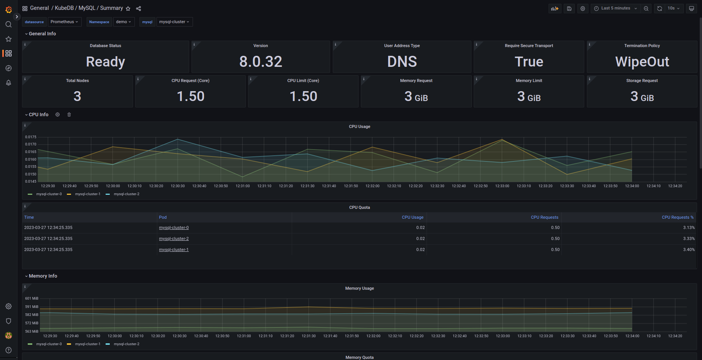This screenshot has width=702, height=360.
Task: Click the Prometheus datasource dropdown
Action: (64, 22)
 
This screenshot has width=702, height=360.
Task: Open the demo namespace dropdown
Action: (123, 22)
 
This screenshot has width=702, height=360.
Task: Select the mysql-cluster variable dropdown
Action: (174, 22)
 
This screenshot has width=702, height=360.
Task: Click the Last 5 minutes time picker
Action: (615, 8)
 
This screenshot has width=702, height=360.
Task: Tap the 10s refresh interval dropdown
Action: (674, 8)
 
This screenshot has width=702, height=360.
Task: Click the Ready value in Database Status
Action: (105, 62)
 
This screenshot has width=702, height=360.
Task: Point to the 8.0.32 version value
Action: (261, 62)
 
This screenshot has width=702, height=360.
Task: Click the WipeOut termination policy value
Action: (642, 62)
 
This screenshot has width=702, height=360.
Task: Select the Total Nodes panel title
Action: (77, 81)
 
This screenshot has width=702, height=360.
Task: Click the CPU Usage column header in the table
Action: (412, 217)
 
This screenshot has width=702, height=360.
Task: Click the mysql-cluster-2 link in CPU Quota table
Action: (174, 238)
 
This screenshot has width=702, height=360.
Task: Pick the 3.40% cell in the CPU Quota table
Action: (688, 249)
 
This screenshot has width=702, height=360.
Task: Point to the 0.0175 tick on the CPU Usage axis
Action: (31, 137)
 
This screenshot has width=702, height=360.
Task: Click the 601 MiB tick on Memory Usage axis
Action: (32, 298)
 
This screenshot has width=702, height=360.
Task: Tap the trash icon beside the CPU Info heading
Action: (69, 115)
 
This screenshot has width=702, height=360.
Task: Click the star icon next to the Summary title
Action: (128, 8)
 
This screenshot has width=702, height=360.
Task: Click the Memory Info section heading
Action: (43, 276)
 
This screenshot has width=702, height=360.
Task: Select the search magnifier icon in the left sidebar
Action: (8, 24)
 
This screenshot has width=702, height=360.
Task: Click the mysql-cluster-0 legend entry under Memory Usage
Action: (49, 344)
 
